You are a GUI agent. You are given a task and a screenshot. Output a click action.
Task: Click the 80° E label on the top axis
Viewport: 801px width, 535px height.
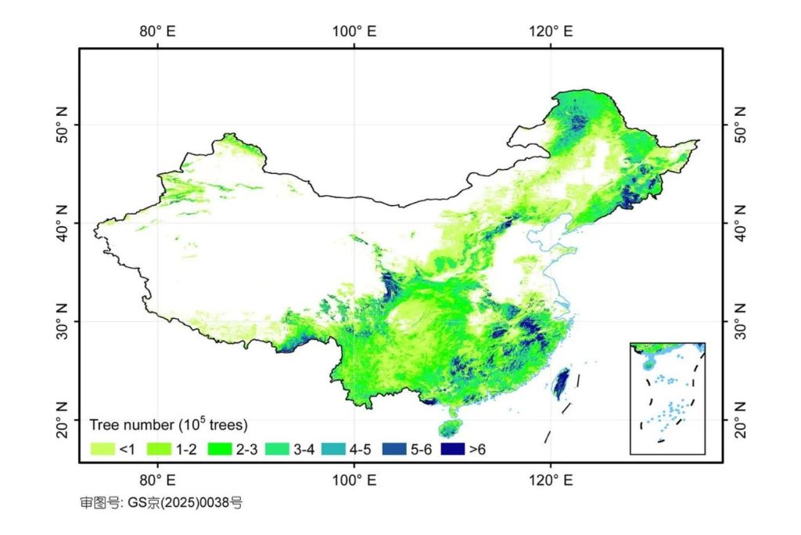(159, 31)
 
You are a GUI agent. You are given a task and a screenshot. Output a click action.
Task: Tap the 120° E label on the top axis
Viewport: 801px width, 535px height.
(551, 31)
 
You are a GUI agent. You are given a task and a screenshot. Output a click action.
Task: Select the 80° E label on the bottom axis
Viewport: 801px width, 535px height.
(159, 479)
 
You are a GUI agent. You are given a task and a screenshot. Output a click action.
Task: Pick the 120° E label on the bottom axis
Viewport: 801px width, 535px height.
(551, 479)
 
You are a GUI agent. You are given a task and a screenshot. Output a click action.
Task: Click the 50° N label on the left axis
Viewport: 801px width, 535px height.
(61, 125)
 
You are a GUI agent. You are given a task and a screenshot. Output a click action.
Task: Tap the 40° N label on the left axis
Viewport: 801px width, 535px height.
(61, 223)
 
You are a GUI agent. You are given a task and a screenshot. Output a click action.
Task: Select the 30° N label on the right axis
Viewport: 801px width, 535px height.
(740, 321)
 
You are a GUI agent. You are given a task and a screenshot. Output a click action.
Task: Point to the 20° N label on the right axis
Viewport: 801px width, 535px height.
(740, 420)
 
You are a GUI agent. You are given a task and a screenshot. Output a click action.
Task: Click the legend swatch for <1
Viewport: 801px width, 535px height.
(102, 450)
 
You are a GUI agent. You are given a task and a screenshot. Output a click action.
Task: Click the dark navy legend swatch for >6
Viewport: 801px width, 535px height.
(452, 450)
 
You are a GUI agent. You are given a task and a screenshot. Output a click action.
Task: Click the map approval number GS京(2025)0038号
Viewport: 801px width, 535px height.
(161, 502)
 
